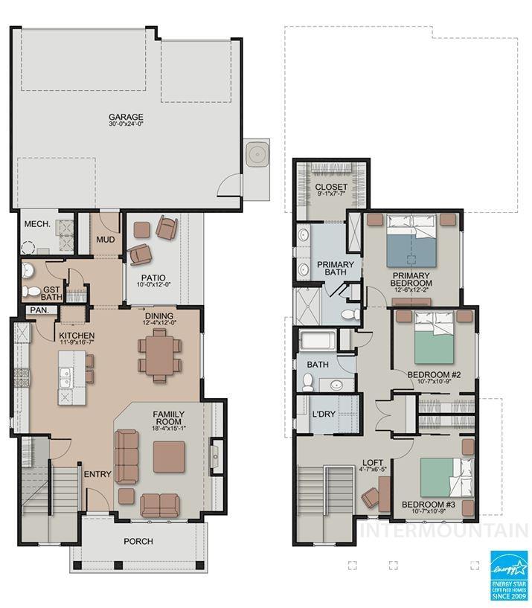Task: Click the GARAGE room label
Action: pyautogui.click(x=126, y=118)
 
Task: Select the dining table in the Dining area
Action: pyautogui.click(x=158, y=356)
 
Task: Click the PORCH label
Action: pyautogui.click(x=138, y=541)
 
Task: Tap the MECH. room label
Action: pyautogui.click(x=36, y=224)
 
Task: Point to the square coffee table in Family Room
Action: pyautogui.click(x=169, y=456)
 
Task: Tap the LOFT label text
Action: pyautogui.click(x=373, y=462)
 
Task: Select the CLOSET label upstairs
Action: pyautogui.click(x=331, y=187)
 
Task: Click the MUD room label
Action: pyautogui.click(x=105, y=240)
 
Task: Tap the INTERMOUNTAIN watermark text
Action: pyautogui.click(x=444, y=531)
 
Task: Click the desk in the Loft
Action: pyautogui.click(x=384, y=493)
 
